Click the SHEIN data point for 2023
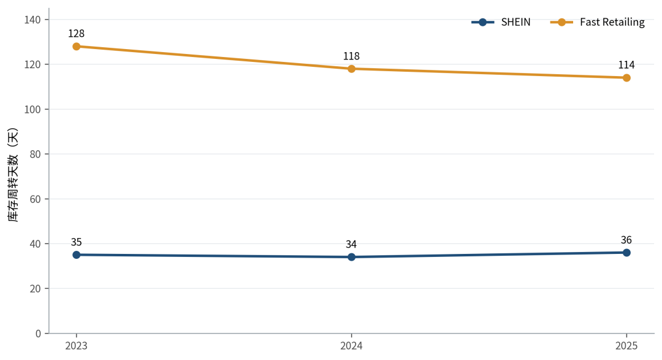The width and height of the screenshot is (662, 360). click(77, 255)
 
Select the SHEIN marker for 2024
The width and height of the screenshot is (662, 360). click(351, 257)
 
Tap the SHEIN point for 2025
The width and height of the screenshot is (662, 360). click(626, 253)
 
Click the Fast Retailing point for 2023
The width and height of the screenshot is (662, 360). click(77, 47)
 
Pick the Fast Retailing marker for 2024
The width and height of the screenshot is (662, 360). click(351, 69)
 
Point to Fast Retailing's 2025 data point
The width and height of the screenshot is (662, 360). click(626, 78)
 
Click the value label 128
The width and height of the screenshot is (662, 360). click(77, 33)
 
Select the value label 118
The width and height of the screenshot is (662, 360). click(351, 56)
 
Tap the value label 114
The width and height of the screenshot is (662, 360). click(626, 65)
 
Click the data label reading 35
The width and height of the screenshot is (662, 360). click(77, 242)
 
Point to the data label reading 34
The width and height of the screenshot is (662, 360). click(351, 244)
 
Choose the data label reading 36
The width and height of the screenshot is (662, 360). click(626, 240)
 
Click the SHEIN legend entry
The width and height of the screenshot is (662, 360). click(501, 22)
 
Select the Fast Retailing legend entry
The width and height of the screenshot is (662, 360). click(598, 22)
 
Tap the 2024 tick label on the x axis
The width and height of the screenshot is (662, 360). click(351, 346)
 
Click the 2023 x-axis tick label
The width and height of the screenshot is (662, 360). click(77, 346)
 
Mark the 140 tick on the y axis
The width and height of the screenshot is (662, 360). click(33, 20)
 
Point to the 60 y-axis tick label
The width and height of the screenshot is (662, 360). click(36, 199)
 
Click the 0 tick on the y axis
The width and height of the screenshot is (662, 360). click(39, 334)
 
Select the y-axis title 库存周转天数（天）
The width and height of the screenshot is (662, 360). click(13, 175)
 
